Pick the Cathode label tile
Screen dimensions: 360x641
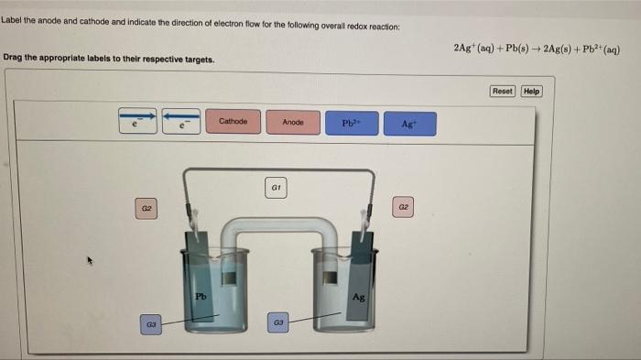click(234, 122)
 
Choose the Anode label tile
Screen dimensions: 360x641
click(292, 122)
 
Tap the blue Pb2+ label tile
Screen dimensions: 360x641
click(352, 123)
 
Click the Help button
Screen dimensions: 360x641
click(531, 91)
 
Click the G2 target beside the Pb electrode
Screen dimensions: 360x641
click(145, 210)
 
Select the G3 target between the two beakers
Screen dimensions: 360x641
click(280, 322)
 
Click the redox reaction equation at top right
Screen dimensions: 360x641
click(537, 48)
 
